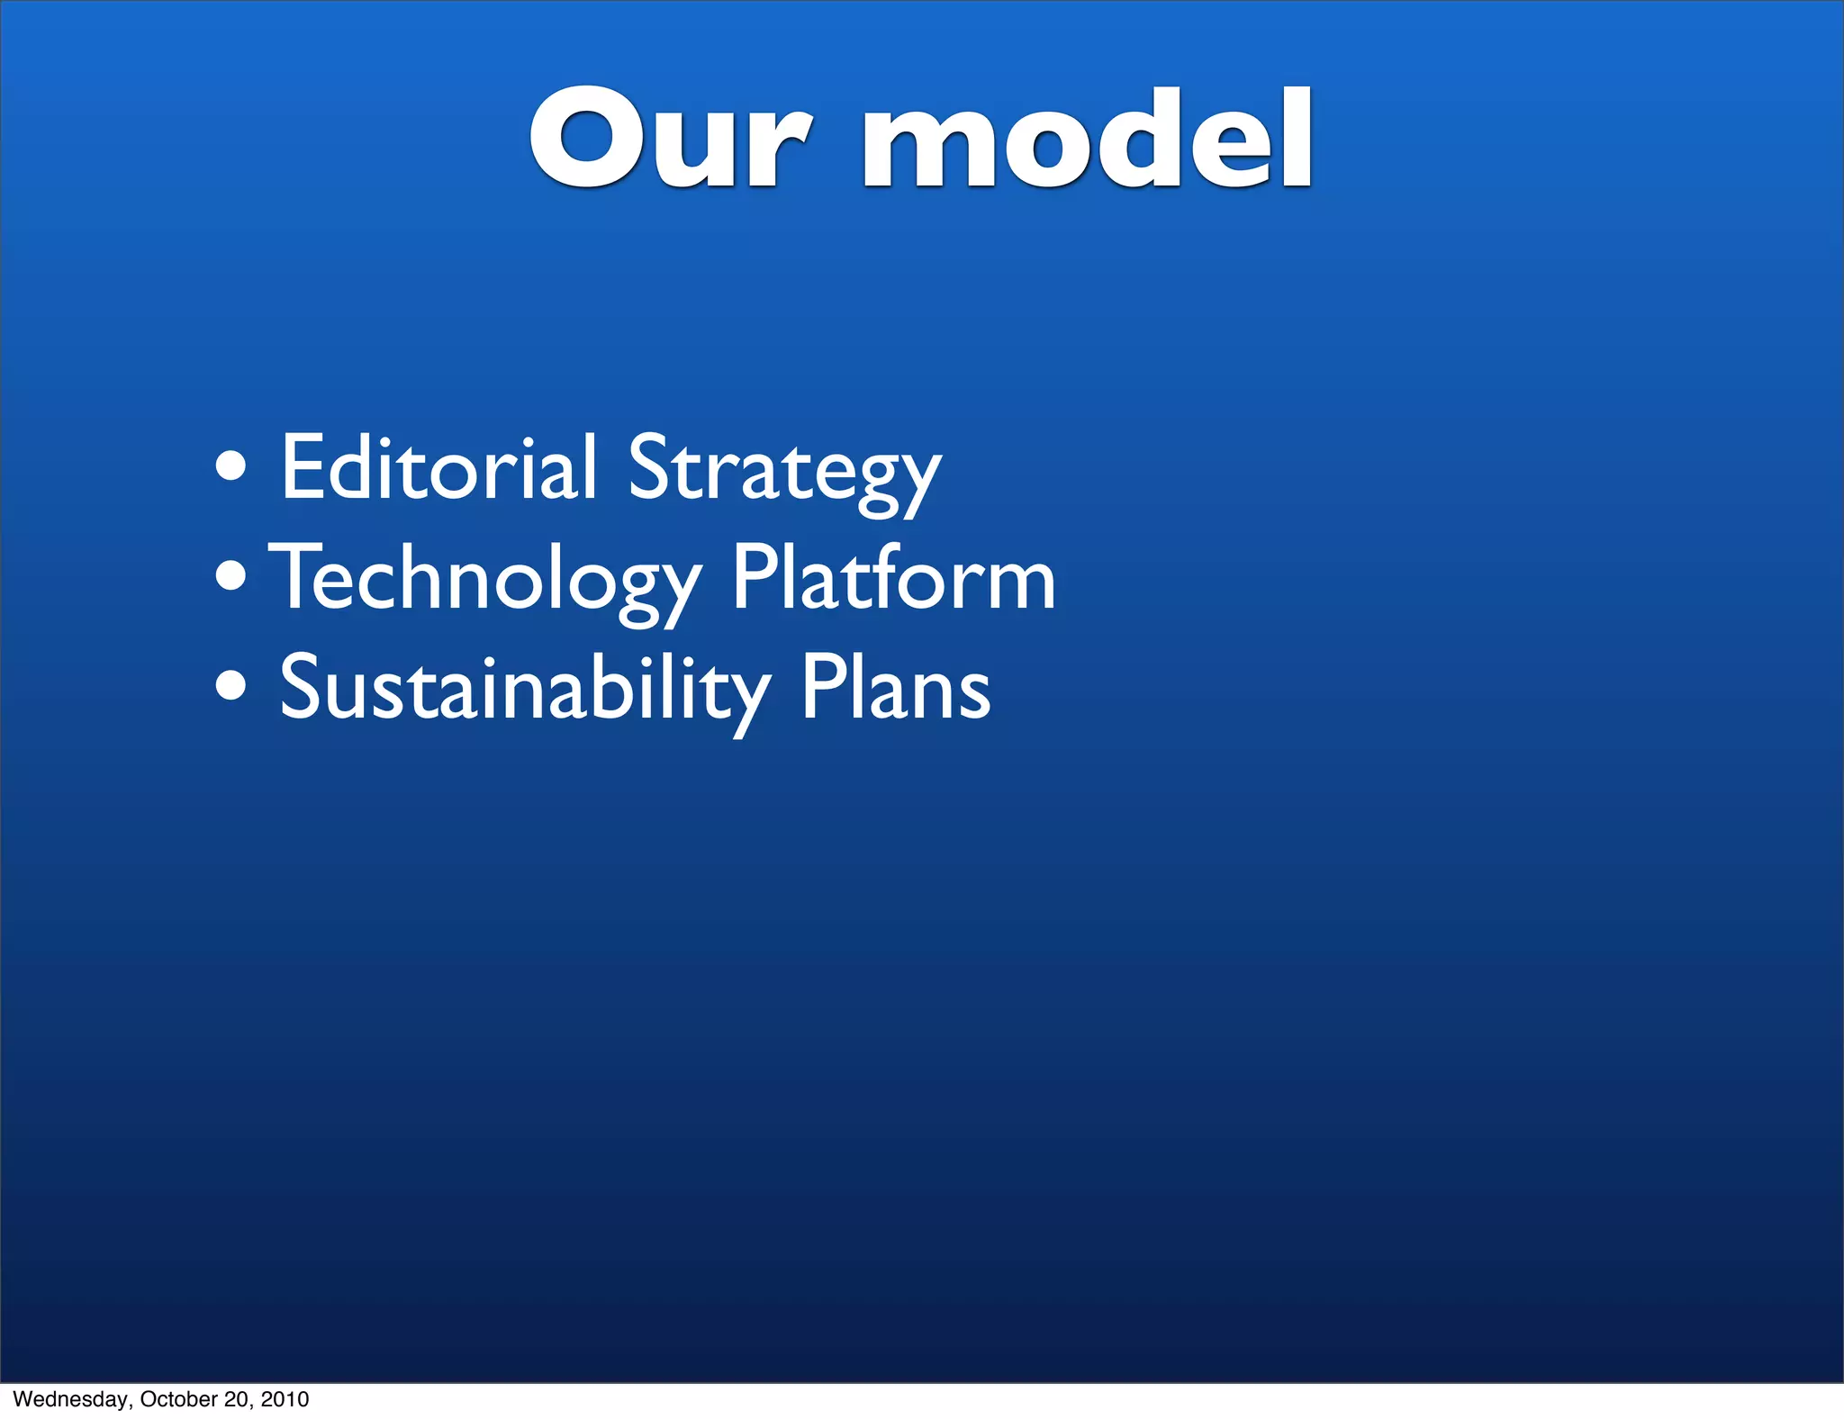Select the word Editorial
click(x=438, y=468)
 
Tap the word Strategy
click(x=784, y=473)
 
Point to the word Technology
click(x=486, y=581)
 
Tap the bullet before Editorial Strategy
click(x=231, y=467)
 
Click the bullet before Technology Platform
click(x=231, y=577)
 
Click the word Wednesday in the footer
click(x=73, y=1399)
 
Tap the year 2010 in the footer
click(x=285, y=1399)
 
